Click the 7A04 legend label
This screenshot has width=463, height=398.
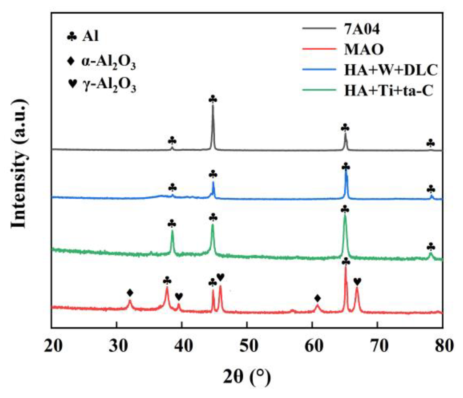362,29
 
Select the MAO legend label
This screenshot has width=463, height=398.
364,49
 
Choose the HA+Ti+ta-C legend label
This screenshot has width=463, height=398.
389,90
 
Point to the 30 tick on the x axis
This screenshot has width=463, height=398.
116,346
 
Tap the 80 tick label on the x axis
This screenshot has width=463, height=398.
444,346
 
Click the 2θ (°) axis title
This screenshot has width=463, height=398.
247,377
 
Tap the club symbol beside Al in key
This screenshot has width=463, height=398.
72,37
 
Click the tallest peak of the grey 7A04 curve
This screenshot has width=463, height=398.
213,106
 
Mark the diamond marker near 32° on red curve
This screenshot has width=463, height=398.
130,293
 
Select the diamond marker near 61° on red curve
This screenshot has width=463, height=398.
317,298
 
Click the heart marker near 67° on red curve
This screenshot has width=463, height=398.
357,281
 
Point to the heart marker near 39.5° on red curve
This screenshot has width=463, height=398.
179,296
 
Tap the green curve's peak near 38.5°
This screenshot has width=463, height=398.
172,231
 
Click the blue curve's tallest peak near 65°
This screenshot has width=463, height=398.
346,172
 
